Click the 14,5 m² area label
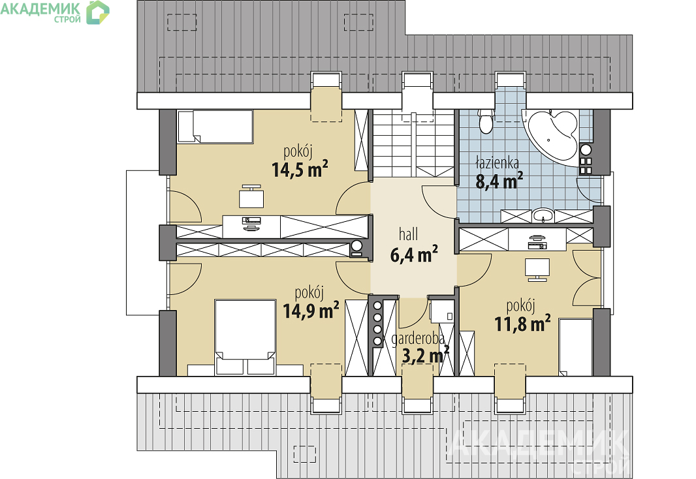coord(300,169)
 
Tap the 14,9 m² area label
coord(311,311)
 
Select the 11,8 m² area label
coord(522,323)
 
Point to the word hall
coord(408,234)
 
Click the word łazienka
coord(497,162)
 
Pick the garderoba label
coord(418,339)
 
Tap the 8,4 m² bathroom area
coord(499,181)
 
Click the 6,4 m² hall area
coord(414,254)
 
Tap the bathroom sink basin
coord(543,215)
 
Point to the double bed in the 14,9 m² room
coord(245,337)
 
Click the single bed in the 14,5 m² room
coord(215,127)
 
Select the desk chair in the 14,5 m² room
coord(251,196)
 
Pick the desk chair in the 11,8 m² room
coord(537,270)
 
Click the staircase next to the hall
coord(414,144)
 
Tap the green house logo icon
coord(98,12)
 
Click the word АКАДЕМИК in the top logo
coord(40,8)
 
